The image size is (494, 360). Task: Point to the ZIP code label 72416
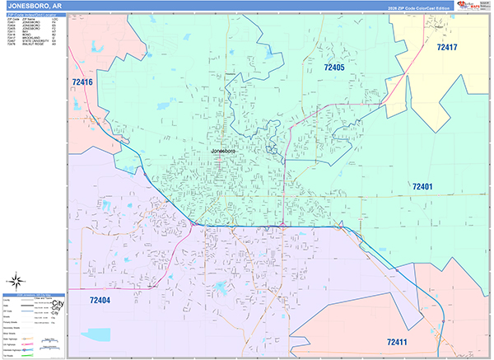click(x=82, y=82)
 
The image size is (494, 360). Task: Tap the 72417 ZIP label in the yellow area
click(x=447, y=47)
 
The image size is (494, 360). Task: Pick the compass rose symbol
click(x=16, y=282)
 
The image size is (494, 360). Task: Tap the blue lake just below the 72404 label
click(x=99, y=334)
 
